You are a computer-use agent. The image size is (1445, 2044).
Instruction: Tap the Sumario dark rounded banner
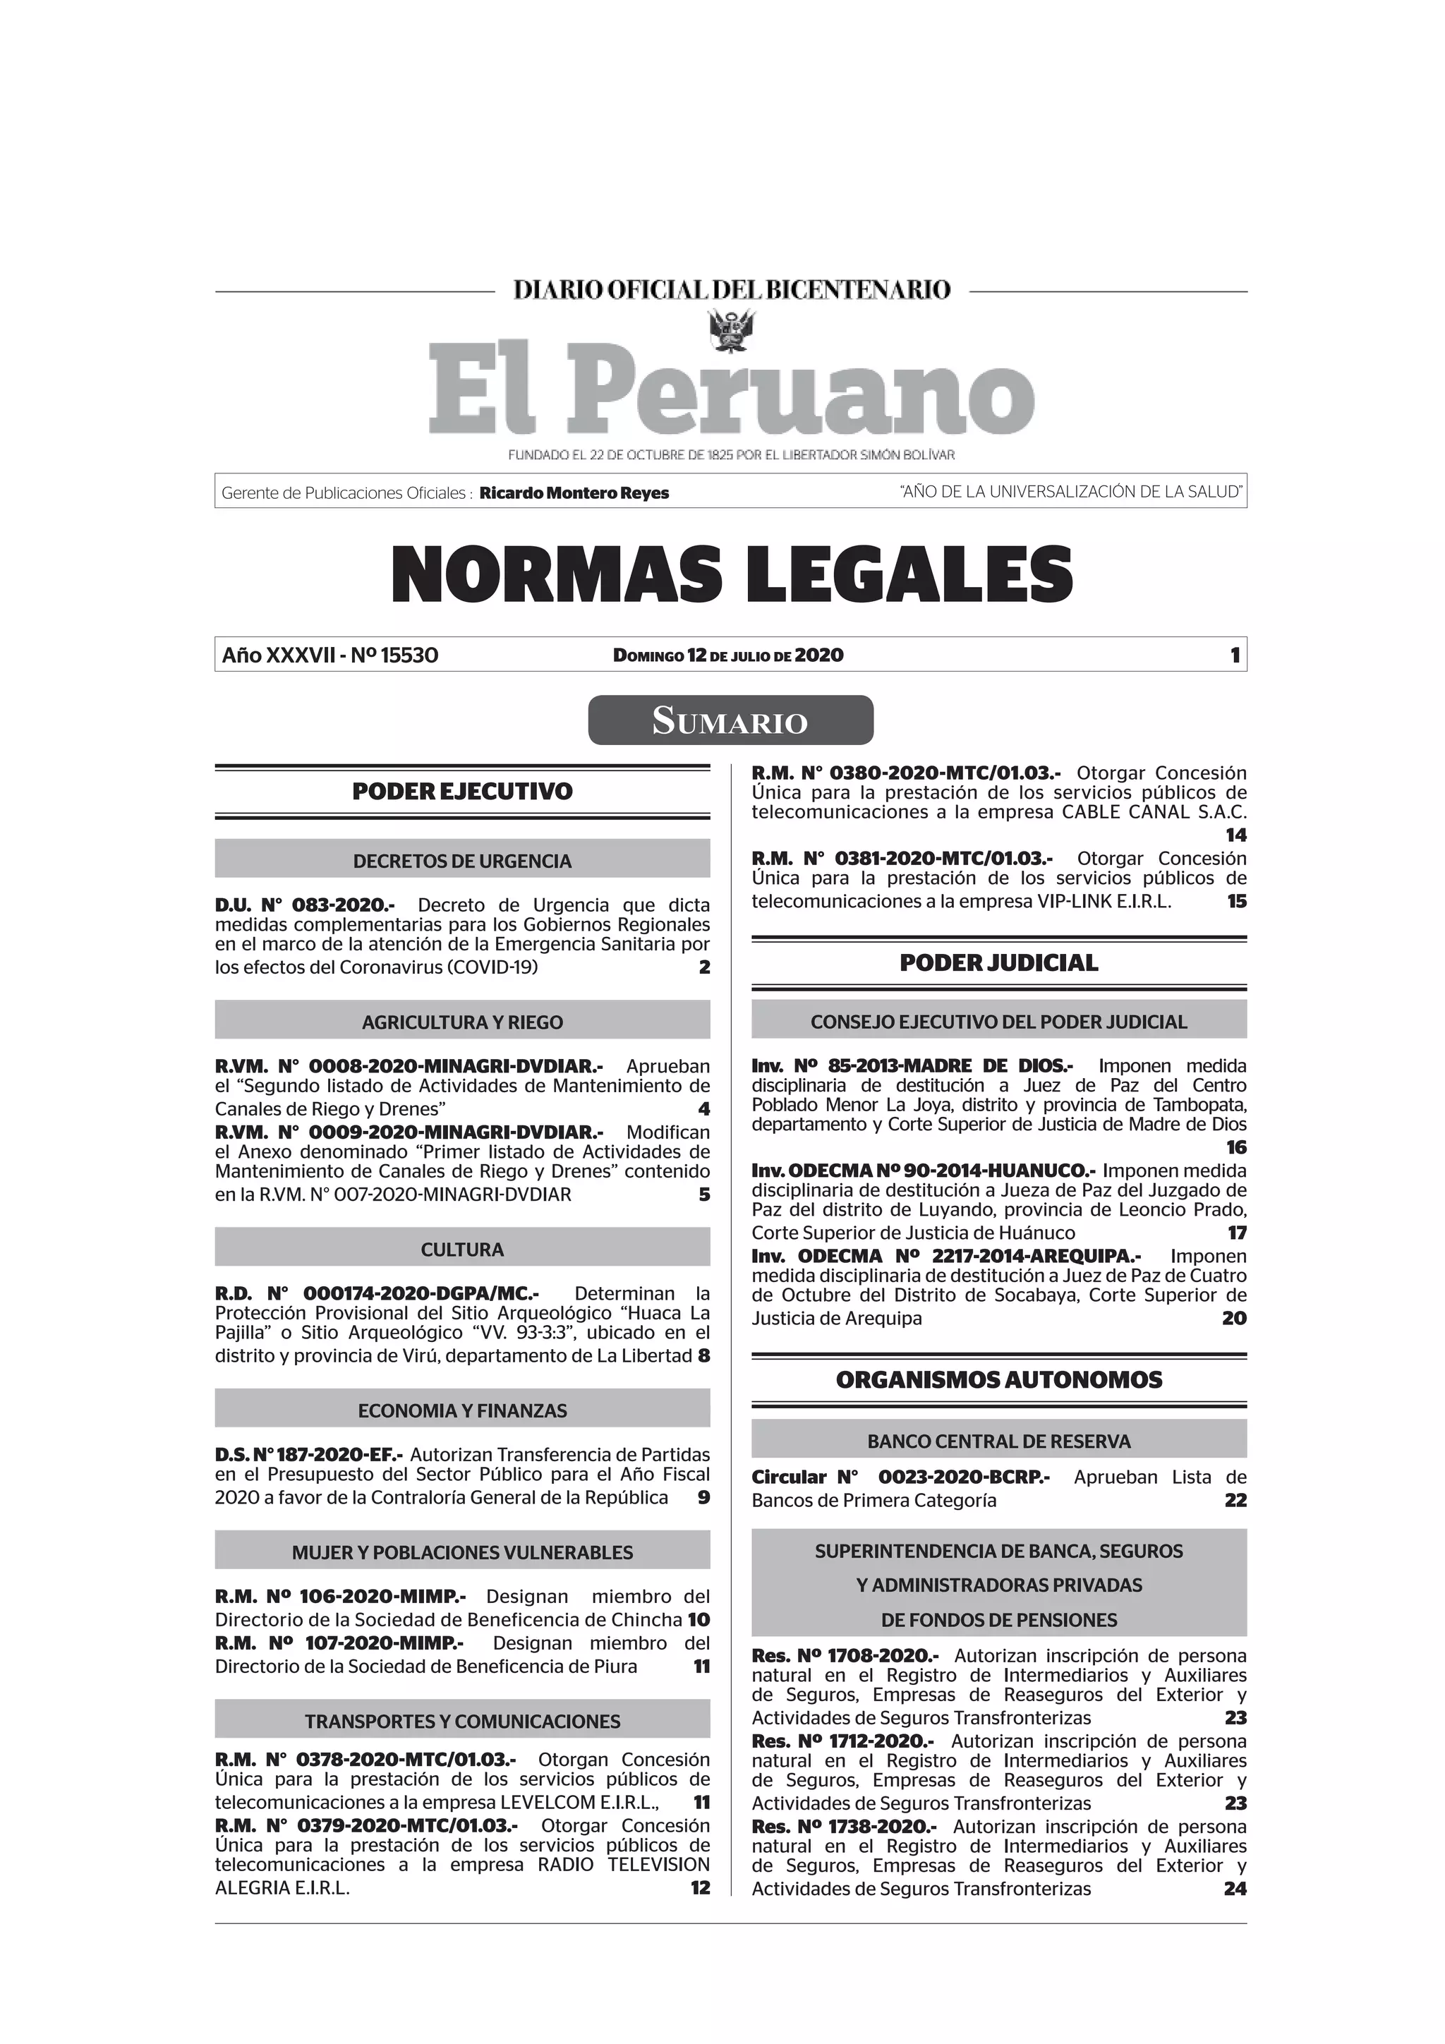pyautogui.click(x=730, y=720)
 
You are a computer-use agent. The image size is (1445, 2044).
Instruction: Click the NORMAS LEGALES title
pyautogui.click(x=731, y=575)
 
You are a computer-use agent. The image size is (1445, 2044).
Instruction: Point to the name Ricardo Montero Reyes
pyautogui.click(x=574, y=493)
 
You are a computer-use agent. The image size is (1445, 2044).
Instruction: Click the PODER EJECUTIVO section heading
pyautogui.click(x=462, y=792)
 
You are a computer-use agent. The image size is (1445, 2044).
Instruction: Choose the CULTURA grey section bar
pyautogui.click(x=462, y=1249)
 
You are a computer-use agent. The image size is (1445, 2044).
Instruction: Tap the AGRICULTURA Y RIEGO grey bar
pyautogui.click(x=462, y=1022)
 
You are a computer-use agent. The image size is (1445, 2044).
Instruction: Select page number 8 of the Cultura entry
pyautogui.click(x=703, y=1356)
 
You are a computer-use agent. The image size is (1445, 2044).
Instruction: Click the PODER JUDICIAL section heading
pyautogui.click(x=998, y=962)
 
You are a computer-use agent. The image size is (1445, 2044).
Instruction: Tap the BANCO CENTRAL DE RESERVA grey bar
pyautogui.click(x=998, y=1441)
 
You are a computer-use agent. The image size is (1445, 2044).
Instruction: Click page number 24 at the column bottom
pyautogui.click(x=1234, y=1889)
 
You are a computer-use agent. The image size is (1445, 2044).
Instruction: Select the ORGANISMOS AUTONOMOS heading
pyautogui.click(x=998, y=1380)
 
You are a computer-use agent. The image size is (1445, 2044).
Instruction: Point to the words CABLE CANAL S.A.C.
pyautogui.click(x=1154, y=812)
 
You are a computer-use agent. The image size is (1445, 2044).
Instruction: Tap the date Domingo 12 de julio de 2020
pyautogui.click(x=727, y=656)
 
